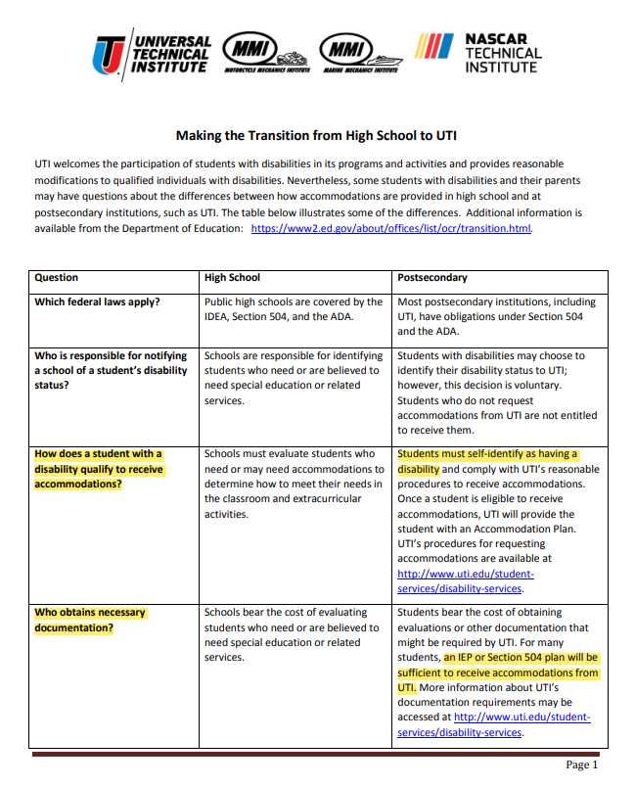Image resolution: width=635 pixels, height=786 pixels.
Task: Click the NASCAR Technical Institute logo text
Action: [501, 54]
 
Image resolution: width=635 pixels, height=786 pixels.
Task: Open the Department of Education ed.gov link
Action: [392, 228]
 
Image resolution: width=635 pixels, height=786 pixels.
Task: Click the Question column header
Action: [57, 278]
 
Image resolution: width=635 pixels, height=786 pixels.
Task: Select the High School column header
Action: [232, 278]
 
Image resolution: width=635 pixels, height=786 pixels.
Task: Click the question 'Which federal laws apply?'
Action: [96, 302]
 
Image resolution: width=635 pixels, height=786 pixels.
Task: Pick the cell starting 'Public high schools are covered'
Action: [294, 309]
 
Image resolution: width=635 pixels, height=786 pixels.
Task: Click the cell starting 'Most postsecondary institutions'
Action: [496, 316]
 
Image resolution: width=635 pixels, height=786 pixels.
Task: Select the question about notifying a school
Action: [110, 371]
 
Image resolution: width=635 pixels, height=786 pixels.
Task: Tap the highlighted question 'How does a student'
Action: [99, 469]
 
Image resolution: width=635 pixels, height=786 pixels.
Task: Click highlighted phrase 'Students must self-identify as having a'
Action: [487, 454]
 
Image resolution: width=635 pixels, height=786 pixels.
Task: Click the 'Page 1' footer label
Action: [581, 765]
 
